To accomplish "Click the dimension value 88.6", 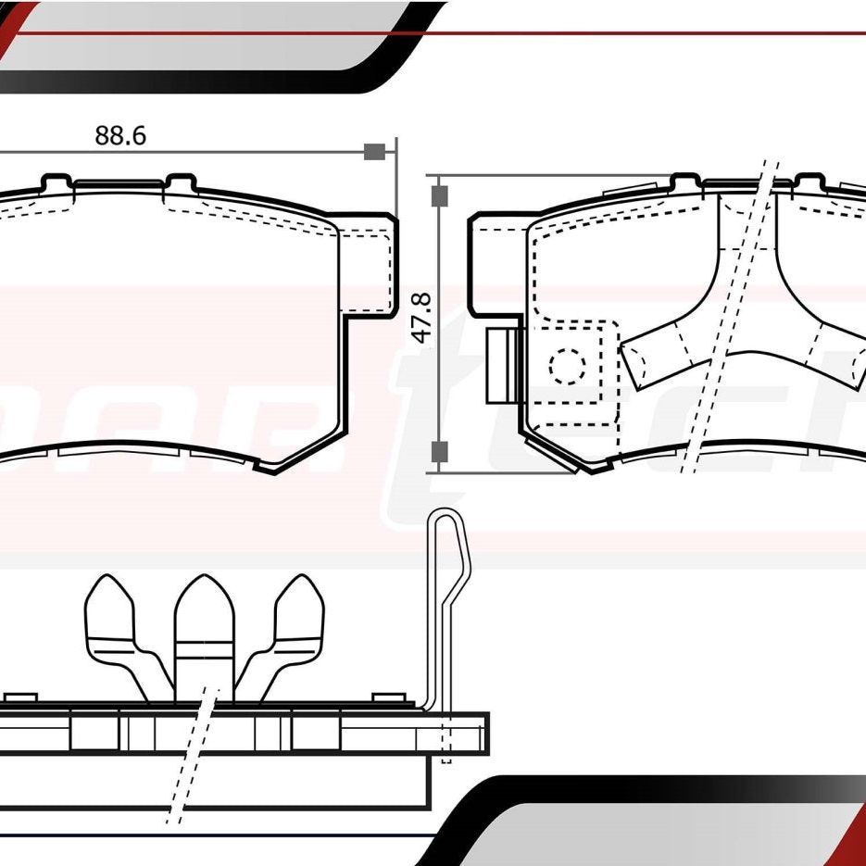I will (120, 135).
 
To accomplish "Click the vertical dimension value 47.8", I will (421, 319).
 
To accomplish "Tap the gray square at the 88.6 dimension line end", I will (374, 152).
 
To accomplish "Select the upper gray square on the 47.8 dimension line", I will (440, 195).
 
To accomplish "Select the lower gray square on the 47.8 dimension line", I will (440, 451).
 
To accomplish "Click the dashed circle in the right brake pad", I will (567, 366).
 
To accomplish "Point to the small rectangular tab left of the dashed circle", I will (501, 366).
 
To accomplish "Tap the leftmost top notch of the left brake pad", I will (56, 182).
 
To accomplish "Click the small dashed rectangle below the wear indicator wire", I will (446, 746).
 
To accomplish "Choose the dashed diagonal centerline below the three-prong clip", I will (190, 759).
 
